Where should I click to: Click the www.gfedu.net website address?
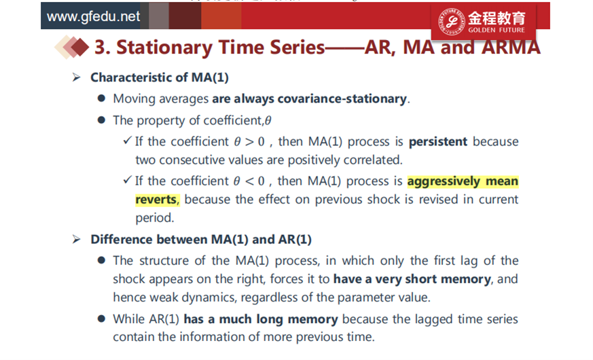click(93, 16)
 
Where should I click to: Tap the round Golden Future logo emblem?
click(452, 22)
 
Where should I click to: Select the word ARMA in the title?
click(511, 48)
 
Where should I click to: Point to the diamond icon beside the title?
click(72, 48)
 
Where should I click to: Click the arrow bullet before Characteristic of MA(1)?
click(76, 77)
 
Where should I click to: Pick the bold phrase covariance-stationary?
click(342, 98)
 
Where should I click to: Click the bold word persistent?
click(438, 141)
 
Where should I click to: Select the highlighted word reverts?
click(156, 199)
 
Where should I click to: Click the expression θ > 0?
click(249, 142)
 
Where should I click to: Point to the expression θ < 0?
click(249, 181)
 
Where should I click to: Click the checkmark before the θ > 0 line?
click(127, 141)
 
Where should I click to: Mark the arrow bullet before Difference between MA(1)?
click(76, 239)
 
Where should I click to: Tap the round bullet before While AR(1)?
click(101, 319)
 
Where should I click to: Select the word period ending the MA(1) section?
click(155, 218)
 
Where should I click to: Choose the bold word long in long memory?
click(270, 319)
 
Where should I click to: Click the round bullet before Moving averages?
click(101, 98)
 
